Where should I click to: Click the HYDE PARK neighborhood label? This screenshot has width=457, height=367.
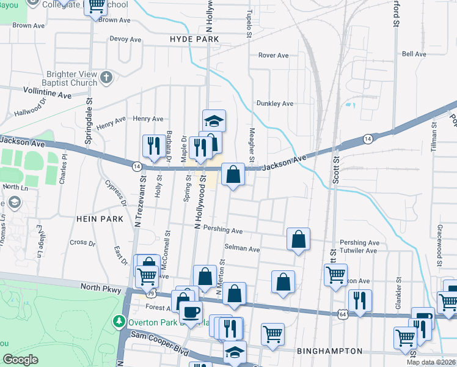click(194, 39)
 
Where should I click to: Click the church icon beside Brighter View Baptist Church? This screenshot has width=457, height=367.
click(106, 78)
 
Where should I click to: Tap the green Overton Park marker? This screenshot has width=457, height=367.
click(118, 321)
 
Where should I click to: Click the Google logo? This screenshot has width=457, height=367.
click(20, 360)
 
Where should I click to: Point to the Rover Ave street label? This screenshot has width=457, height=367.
click(273, 56)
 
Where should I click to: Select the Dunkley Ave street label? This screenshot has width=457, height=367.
click(275, 104)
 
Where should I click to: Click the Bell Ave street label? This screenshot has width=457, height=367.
click(414, 54)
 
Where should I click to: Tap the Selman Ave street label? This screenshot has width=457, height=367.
click(243, 250)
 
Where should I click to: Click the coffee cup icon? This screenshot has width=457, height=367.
click(191, 311)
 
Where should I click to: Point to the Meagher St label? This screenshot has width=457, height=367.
click(251, 141)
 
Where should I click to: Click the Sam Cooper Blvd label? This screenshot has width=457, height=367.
click(162, 345)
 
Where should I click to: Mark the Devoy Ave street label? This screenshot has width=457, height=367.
click(125, 39)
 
